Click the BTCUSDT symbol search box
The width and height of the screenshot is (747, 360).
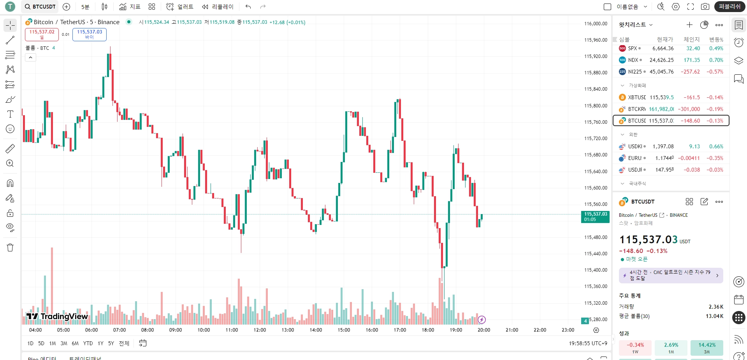pyautogui.click(x=40, y=7)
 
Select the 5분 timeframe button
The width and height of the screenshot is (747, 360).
pyautogui.click(x=85, y=7)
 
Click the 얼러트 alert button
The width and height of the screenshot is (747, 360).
pyautogui.click(x=180, y=7)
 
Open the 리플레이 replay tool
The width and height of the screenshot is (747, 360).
pyautogui.click(x=218, y=7)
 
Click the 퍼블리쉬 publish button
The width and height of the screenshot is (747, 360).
pyautogui.click(x=729, y=7)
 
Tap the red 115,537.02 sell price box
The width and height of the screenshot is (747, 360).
pyautogui.click(x=42, y=34)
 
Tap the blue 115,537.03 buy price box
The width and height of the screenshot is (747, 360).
pyautogui.click(x=89, y=34)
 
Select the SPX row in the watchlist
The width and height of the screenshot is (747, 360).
pyautogui.click(x=633, y=48)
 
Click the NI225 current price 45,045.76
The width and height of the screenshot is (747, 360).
pyautogui.click(x=661, y=72)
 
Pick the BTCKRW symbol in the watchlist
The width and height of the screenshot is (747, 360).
pyautogui.click(x=636, y=109)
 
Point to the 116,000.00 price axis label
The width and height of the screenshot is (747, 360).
pyautogui.click(x=595, y=24)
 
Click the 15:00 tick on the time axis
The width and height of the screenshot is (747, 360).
pyautogui.click(x=344, y=330)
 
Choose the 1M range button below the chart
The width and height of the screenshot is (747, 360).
pyautogui.click(x=53, y=343)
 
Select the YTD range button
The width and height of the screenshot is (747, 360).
pyautogui.click(x=88, y=343)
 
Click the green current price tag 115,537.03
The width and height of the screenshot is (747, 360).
pyautogui.click(x=595, y=216)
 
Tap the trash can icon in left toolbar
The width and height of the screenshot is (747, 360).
pyautogui.click(x=10, y=248)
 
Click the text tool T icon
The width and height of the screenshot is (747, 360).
pyautogui.click(x=10, y=114)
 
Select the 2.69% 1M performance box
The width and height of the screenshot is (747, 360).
pyautogui.click(x=671, y=347)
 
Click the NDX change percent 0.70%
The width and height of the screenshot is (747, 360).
pyautogui.click(x=716, y=60)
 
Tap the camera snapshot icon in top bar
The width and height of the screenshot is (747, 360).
pyautogui.click(x=705, y=7)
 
